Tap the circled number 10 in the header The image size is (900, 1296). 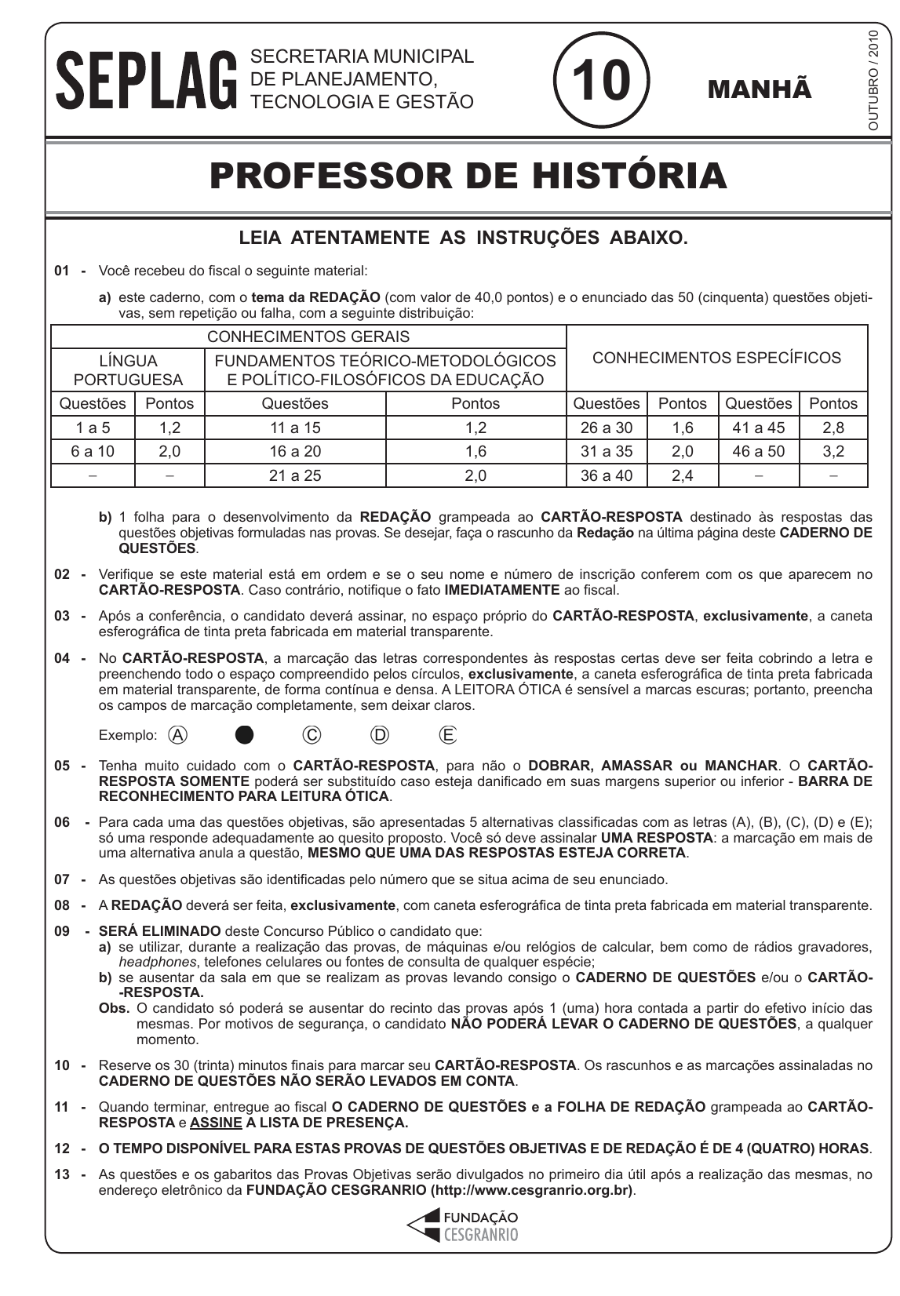(601, 81)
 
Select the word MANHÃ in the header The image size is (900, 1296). (760, 89)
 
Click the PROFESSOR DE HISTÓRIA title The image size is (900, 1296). (468, 176)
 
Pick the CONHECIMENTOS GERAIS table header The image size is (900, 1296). (308, 337)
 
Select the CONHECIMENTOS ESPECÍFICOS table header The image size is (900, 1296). (716, 359)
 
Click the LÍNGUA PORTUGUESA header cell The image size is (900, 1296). (128, 370)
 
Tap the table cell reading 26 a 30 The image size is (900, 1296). (607, 428)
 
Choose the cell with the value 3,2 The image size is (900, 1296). (833, 452)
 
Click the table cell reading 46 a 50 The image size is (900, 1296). (758, 452)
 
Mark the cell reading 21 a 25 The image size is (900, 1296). (295, 475)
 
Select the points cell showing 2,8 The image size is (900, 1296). (833, 428)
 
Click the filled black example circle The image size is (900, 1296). (245, 735)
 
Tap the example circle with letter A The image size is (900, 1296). (178, 735)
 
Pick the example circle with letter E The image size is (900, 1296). (448, 735)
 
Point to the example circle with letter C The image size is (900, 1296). (312, 735)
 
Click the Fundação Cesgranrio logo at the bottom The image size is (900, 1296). (463, 1225)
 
